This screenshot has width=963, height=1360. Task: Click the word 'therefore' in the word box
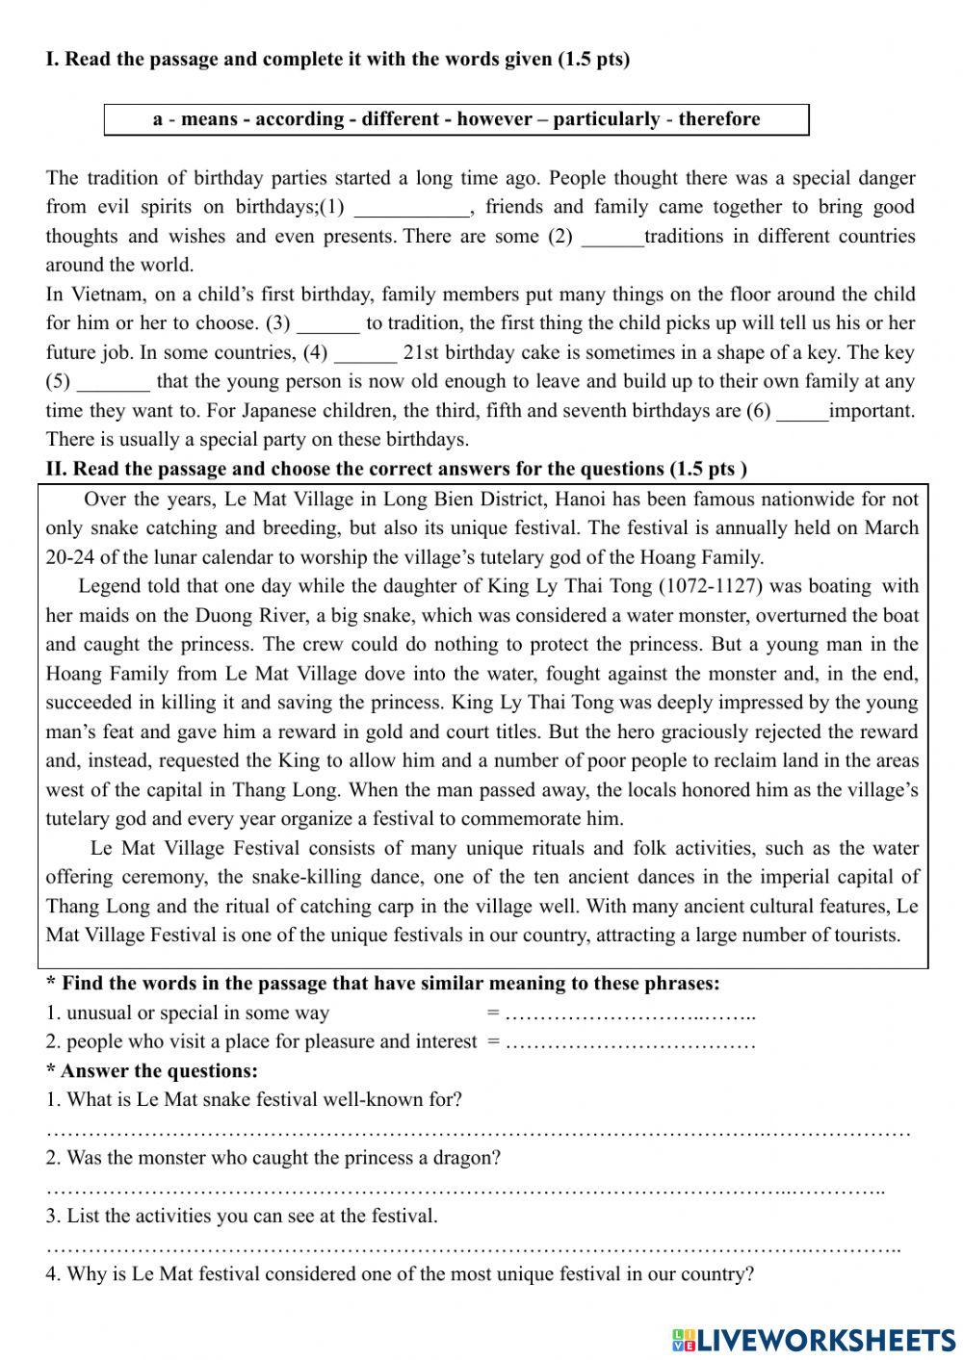point(718,119)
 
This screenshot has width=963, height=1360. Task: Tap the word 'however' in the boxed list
point(494,119)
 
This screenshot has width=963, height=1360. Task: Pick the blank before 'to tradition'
point(328,324)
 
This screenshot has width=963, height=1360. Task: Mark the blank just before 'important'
point(802,412)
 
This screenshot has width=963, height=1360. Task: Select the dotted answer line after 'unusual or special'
point(630,1014)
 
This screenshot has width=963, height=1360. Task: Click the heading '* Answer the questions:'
point(152,1071)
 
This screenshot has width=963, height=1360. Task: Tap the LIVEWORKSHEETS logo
point(814,1339)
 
